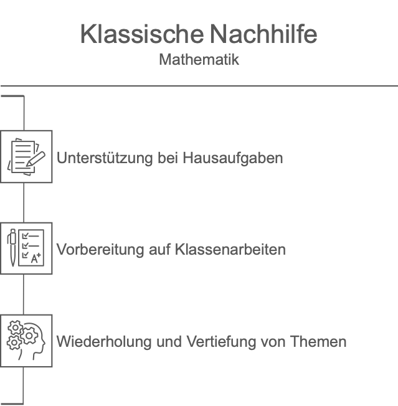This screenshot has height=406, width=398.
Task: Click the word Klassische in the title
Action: point(142,34)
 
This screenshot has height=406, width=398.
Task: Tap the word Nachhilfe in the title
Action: point(263,34)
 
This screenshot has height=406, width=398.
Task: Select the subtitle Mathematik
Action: point(199,60)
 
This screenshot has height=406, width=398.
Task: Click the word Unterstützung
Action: point(105,158)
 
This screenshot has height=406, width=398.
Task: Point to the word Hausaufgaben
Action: point(232,159)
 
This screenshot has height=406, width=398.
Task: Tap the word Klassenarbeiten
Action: point(230,249)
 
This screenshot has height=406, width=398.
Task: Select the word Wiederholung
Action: point(104,342)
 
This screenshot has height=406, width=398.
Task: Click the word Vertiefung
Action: point(221,342)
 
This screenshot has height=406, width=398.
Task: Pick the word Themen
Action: point(318,341)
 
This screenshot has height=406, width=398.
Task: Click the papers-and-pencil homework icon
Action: point(26,157)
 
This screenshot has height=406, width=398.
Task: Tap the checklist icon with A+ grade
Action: point(26,248)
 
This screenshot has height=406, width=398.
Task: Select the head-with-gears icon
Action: point(26,340)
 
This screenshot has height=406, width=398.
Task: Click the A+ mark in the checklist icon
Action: point(36,258)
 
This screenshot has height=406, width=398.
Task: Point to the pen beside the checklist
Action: point(12,248)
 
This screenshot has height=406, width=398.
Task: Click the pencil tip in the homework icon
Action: point(27,165)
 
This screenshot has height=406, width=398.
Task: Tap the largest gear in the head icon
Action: point(29,336)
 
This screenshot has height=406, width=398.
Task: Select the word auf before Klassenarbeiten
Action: point(159,249)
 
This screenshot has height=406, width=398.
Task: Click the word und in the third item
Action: point(169,341)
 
